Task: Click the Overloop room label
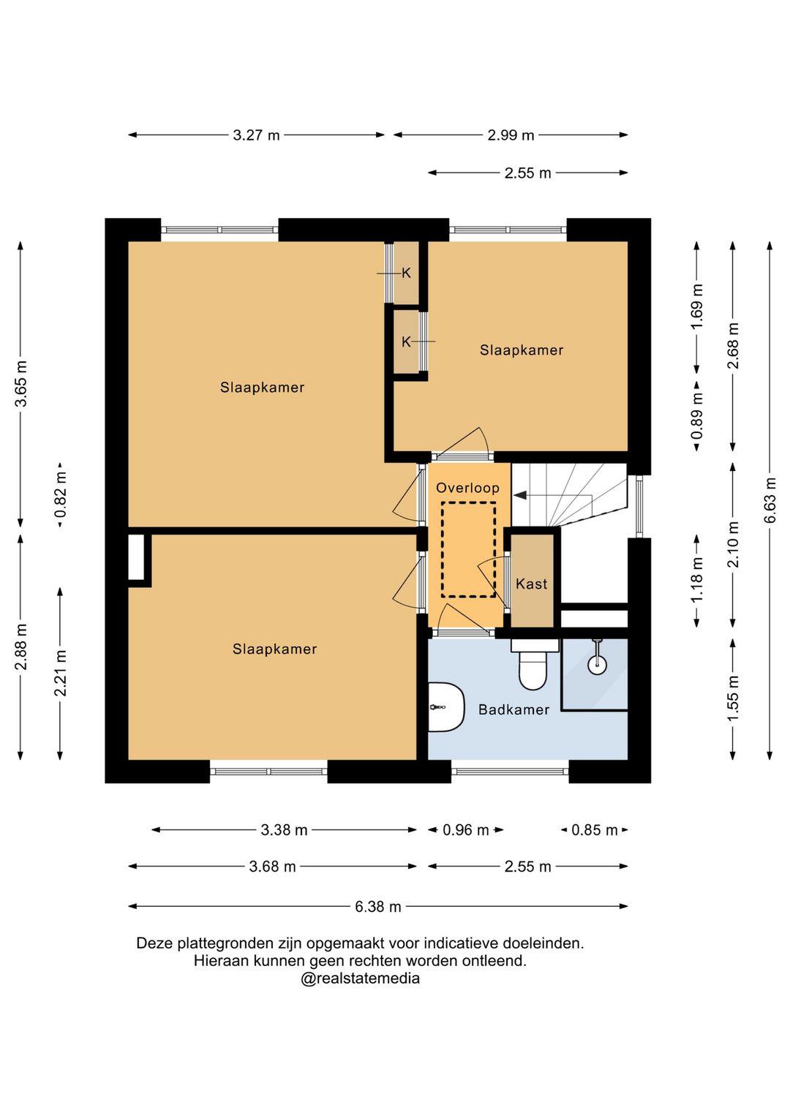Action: tap(467, 488)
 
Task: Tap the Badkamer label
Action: tap(514, 709)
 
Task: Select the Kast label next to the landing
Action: tap(531, 584)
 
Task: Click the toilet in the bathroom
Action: tap(533, 664)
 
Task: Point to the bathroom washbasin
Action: tap(445, 707)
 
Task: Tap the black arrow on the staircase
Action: tap(520, 496)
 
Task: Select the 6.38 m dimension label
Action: tap(377, 907)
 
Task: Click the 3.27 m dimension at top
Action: tap(256, 135)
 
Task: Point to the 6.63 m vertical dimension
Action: tap(770, 499)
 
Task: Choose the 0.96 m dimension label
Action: tap(465, 830)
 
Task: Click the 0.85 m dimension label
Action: tap(594, 830)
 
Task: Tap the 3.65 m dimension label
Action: tap(21, 384)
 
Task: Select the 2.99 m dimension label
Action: tap(511, 135)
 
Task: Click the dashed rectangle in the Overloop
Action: tap(468, 549)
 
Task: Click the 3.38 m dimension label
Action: tap(284, 830)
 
